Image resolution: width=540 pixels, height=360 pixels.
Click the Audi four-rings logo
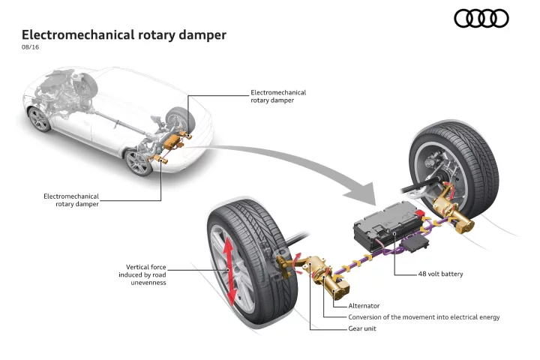(481, 18)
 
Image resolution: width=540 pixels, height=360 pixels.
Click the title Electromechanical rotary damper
(124, 34)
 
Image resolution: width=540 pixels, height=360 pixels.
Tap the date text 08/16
(30, 48)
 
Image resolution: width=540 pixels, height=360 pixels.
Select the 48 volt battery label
(440, 274)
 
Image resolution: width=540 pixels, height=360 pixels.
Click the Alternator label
(364, 305)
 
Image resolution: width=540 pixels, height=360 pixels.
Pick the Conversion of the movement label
(424, 317)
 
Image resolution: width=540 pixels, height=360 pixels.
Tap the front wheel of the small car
(39, 118)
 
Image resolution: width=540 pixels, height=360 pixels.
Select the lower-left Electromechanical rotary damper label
(71, 200)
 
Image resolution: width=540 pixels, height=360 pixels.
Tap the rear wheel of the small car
(138, 162)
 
